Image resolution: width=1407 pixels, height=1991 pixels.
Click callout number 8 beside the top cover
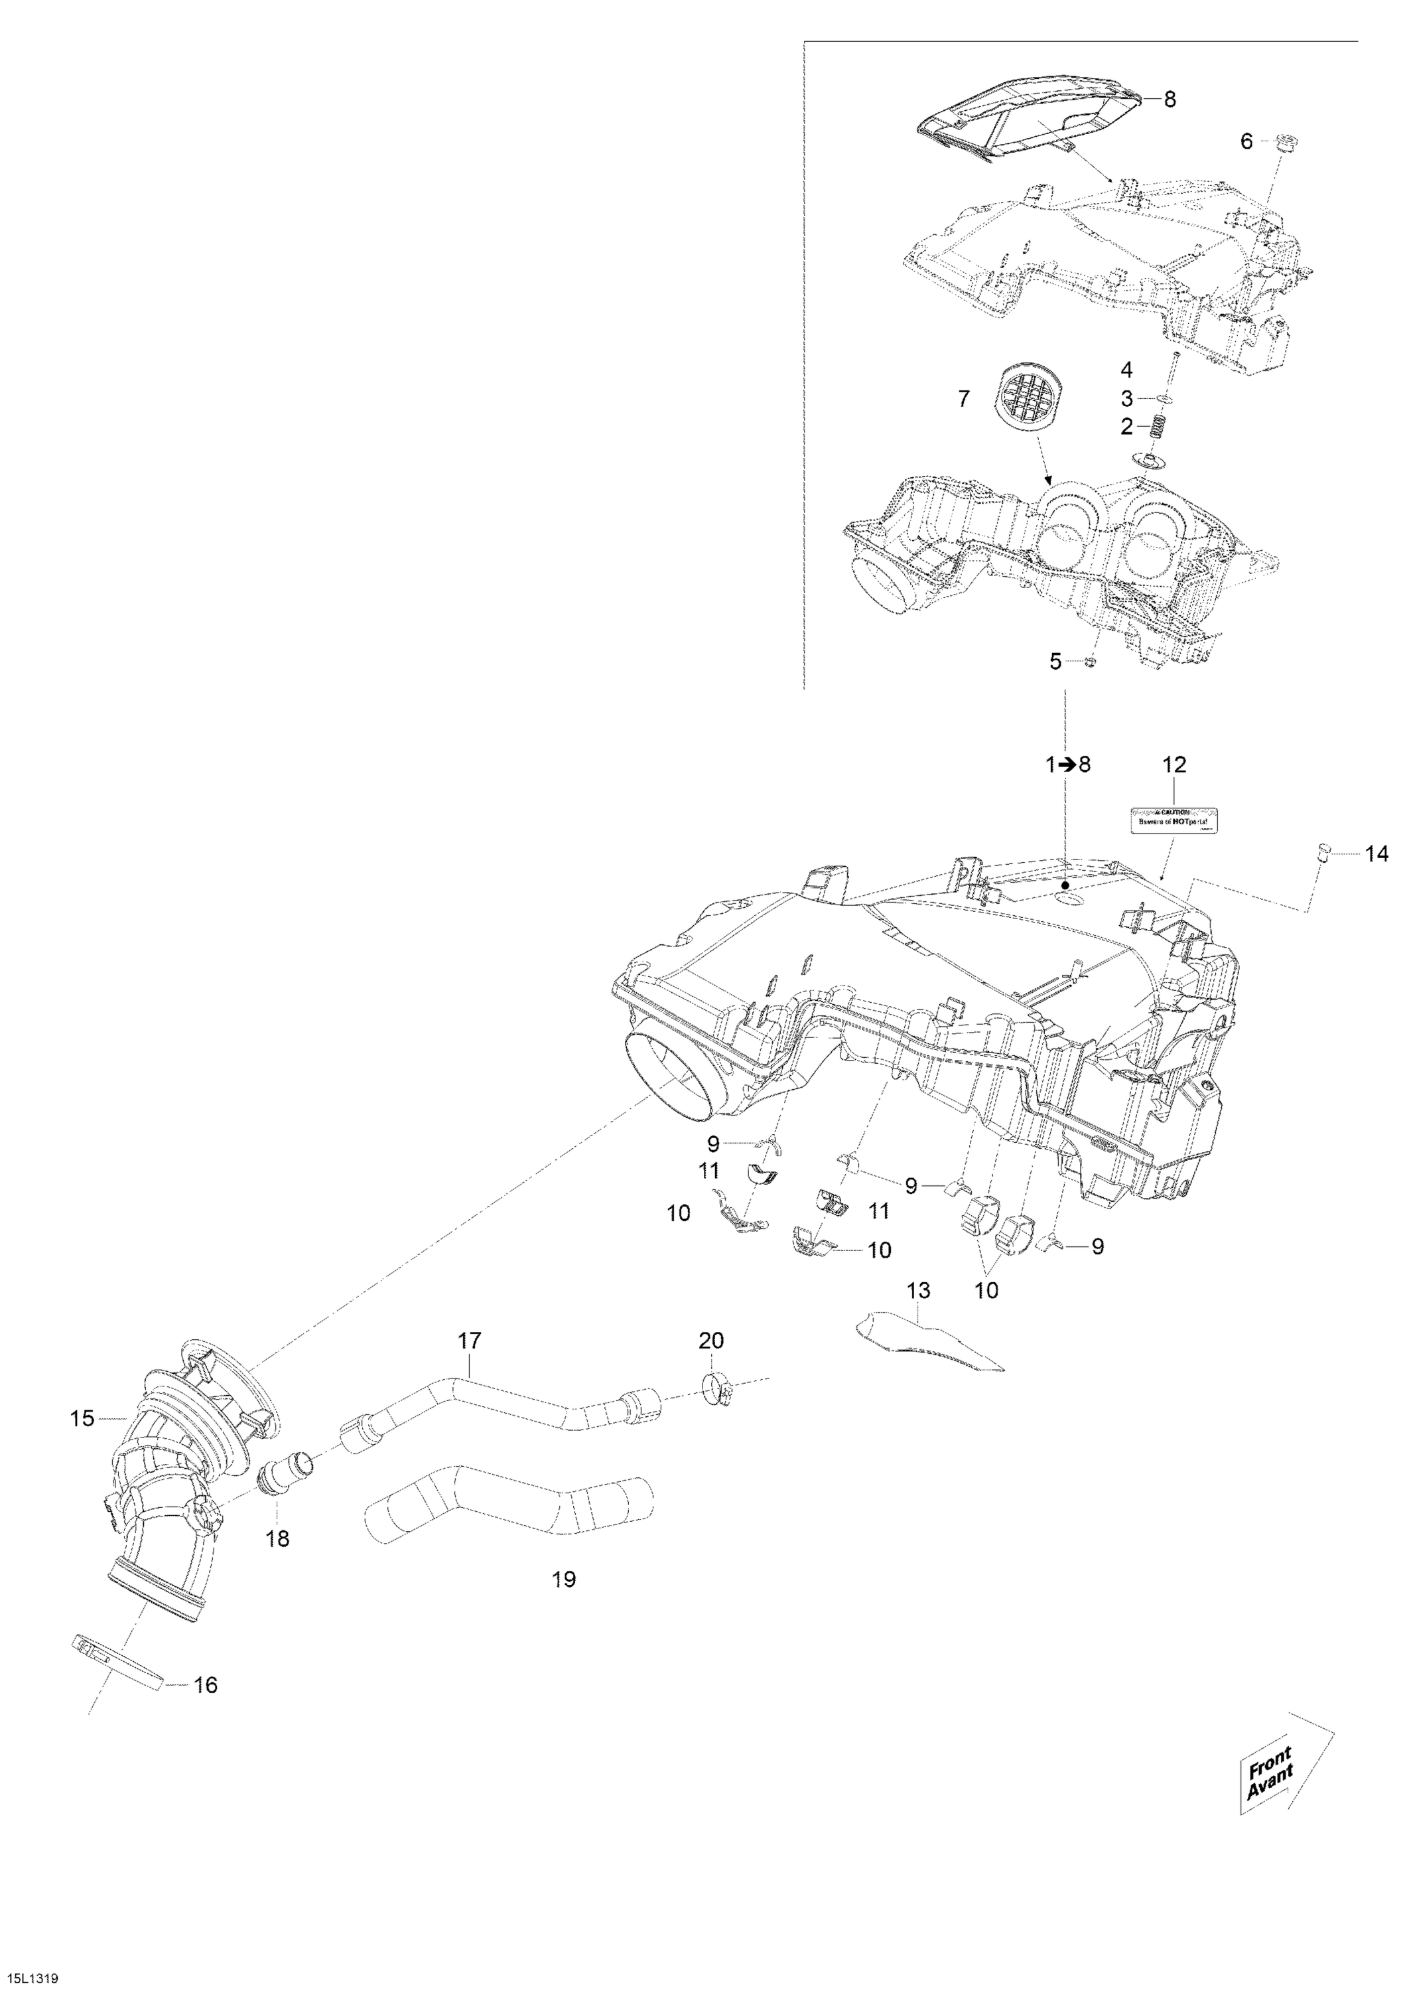click(1170, 100)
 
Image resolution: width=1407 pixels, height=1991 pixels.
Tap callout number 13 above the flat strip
click(918, 1315)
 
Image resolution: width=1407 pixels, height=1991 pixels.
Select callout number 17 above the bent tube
click(469, 1341)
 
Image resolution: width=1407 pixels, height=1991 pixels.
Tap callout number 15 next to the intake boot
click(82, 1420)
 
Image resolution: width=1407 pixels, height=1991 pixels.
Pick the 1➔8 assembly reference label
click(1067, 765)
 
